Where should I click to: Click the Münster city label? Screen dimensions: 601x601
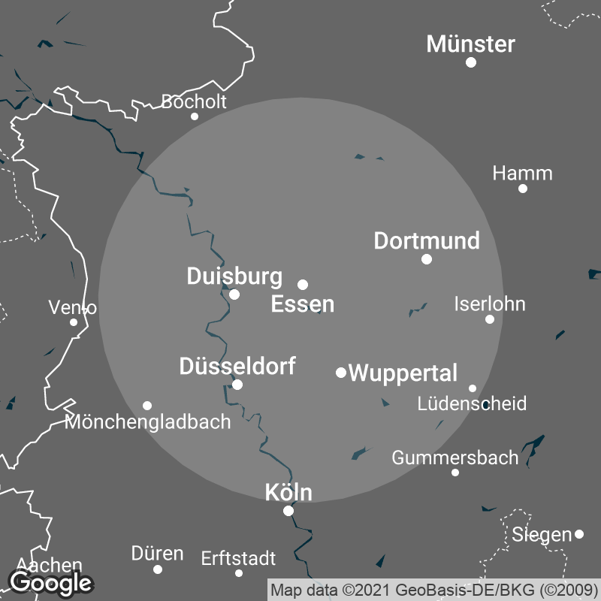471,44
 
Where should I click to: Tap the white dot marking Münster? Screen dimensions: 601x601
471,62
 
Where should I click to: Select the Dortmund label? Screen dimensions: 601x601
427,240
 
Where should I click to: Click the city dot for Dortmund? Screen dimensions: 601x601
427,259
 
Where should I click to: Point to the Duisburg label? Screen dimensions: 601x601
234,276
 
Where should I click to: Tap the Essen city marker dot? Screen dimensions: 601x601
303,285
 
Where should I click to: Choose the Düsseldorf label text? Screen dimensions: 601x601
237,367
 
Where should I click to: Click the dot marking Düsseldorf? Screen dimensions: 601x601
237,385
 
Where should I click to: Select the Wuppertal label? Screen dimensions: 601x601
403,373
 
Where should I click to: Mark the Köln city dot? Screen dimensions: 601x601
288,511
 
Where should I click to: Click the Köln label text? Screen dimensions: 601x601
288,493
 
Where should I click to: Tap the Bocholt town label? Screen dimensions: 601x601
194,101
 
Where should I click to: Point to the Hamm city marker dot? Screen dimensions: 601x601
523,188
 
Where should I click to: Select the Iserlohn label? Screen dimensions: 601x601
490,304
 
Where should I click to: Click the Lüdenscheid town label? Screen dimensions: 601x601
472,403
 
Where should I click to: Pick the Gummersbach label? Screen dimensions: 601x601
455,457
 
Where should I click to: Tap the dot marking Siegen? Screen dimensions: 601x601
579,534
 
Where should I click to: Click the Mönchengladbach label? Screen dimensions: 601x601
148,422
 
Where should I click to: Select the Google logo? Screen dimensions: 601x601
50,581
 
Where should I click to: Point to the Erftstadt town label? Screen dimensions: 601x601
238,559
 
